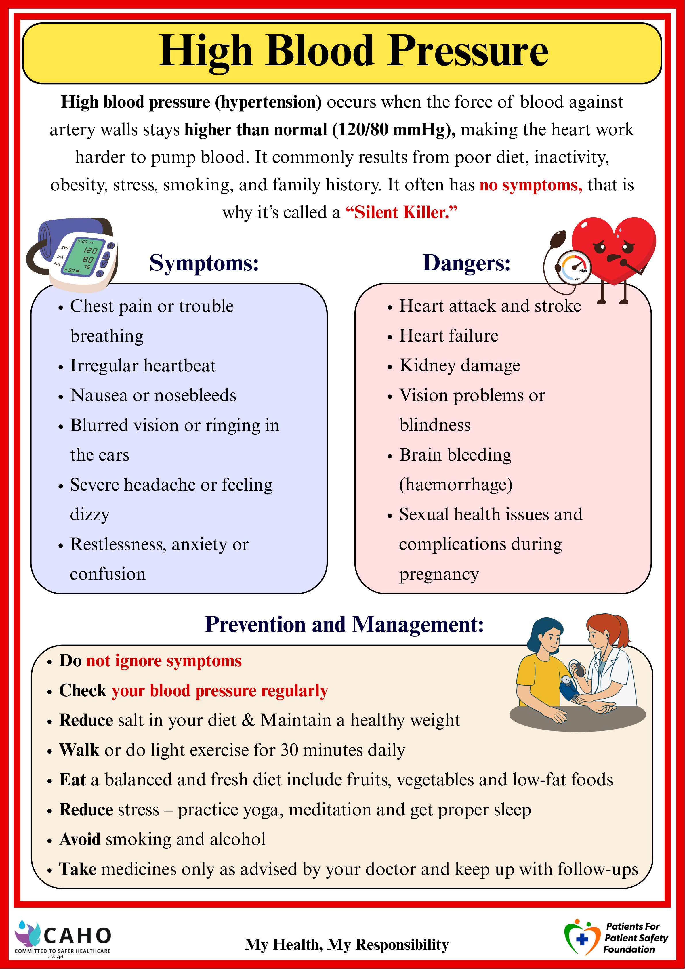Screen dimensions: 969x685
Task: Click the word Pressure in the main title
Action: (468, 51)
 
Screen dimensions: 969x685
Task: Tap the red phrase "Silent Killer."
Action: (401, 212)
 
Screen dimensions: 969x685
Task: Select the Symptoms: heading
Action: (204, 263)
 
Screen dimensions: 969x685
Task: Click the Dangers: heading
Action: (466, 263)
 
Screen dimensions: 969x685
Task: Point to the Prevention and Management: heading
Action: (344, 624)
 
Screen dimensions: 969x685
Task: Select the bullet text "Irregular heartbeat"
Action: (143, 365)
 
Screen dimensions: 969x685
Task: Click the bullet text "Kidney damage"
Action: (460, 365)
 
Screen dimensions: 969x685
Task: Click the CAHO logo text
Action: (77, 936)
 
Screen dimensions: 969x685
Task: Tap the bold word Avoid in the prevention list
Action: (80, 840)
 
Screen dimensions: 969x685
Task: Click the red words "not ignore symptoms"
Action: (164, 661)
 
